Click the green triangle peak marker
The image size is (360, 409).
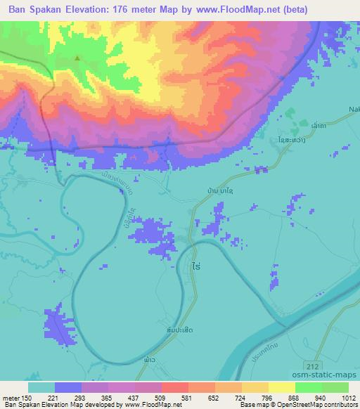[79, 58]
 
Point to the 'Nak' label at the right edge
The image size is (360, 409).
[354, 109]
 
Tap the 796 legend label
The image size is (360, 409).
[266, 398]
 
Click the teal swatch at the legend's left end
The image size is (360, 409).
[41, 387]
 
